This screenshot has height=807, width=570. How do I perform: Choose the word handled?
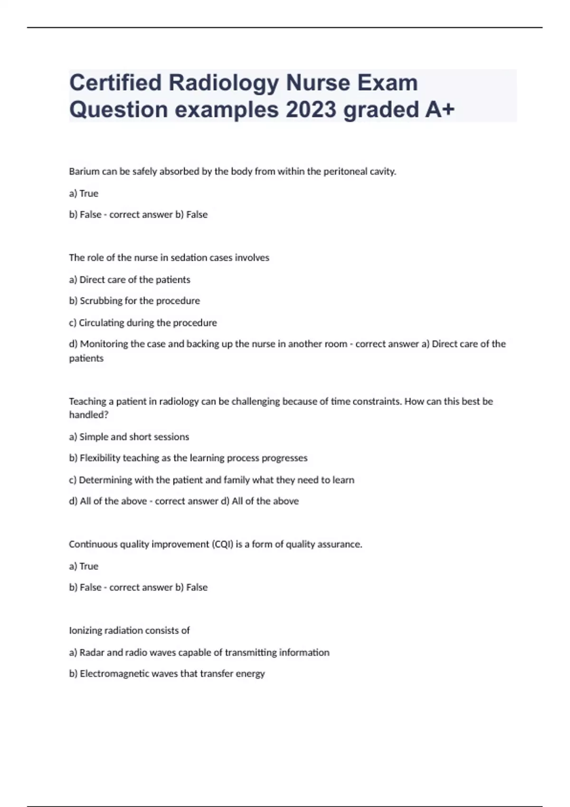click(x=88, y=415)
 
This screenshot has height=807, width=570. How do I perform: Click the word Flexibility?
click(x=100, y=458)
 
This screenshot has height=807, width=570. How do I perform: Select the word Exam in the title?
click(x=388, y=83)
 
